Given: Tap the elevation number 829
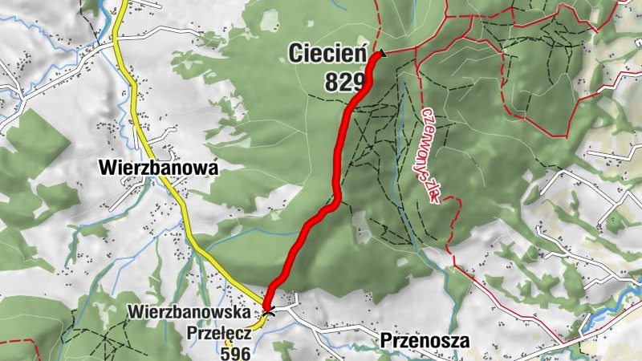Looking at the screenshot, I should (347, 81).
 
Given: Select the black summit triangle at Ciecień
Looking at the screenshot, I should (381, 54).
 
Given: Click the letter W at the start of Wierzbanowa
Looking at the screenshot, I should (107, 168).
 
